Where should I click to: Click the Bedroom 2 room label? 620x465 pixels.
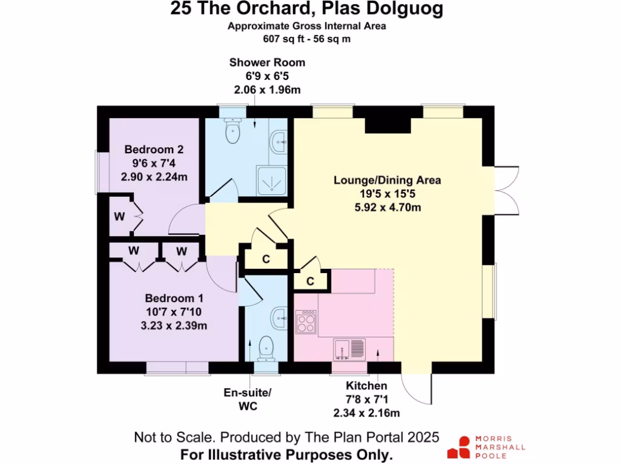(154, 150)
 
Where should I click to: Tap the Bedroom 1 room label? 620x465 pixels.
(174, 298)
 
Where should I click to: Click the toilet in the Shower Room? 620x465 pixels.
(232, 131)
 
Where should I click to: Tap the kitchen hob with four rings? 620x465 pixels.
(305, 322)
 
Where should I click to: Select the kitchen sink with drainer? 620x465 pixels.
(349, 349)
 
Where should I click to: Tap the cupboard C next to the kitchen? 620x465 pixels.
(310, 281)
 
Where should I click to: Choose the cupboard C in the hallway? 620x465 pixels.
(265, 259)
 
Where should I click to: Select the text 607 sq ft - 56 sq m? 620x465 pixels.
(306, 38)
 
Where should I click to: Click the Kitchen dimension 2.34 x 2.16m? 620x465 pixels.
(366, 414)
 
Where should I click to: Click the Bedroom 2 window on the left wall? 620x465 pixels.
(97, 172)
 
